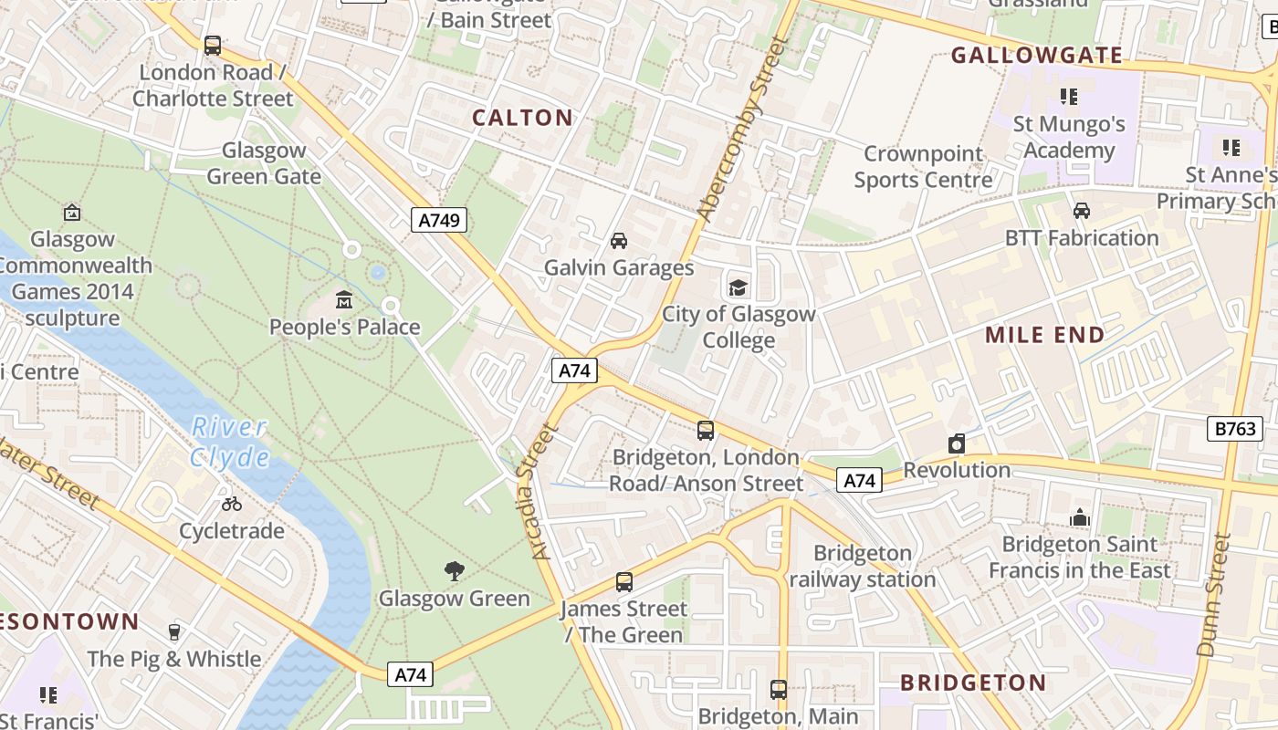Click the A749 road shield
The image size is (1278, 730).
(x=439, y=220)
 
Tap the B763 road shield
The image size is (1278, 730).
(x=1235, y=428)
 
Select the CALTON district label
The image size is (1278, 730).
(x=522, y=118)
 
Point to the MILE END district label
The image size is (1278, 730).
(x=1044, y=335)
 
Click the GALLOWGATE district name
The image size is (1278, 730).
(x=1037, y=56)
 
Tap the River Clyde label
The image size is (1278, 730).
(x=230, y=442)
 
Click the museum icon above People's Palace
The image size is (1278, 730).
(x=344, y=299)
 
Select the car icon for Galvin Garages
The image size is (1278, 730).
(x=619, y=241)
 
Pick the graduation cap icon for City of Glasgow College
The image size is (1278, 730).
(x=738, y=287)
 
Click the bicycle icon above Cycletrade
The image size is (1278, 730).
(x=232, y=504)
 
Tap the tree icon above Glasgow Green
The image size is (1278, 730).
(x=454, y=571)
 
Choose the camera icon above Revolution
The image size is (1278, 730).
(x=957, y=443)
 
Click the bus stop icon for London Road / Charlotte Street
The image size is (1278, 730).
(x=213, y=45)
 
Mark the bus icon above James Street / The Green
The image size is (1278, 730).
(x=624, y=581)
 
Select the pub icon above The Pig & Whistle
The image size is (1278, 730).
(x=174, y=631)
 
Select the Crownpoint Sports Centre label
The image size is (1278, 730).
(x=923, y=167)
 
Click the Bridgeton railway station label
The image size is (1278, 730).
(x=862, y=566)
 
